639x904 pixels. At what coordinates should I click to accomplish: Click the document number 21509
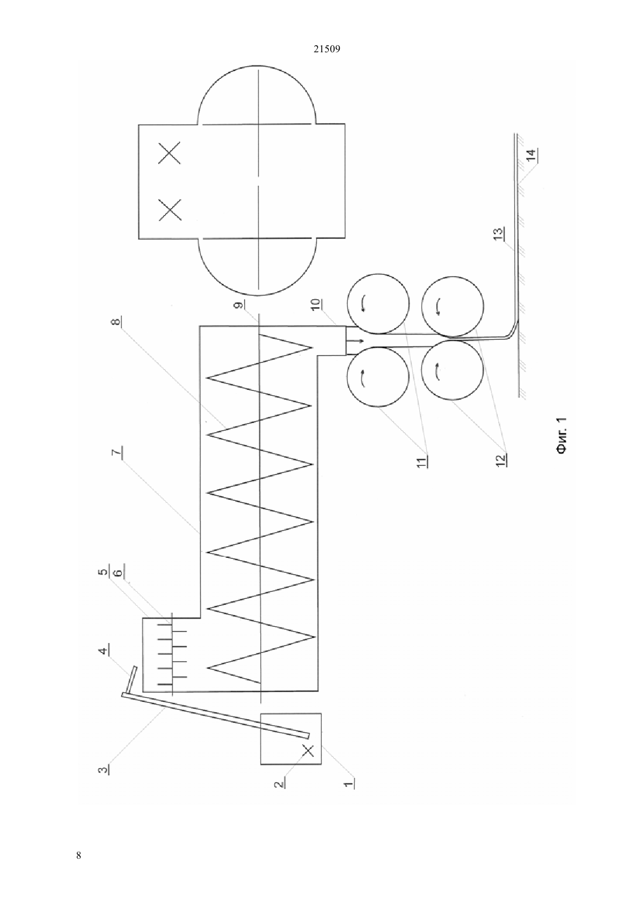[326, 49]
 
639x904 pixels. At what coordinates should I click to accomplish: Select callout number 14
[532, 155]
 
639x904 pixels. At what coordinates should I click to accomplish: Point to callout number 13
[499, 234]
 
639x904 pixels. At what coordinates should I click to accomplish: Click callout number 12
[501, 460]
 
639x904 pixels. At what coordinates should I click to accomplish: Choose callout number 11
[422, 461]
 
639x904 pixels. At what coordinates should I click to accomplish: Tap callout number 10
[316, 304]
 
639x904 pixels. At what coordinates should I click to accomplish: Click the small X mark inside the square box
[308, 751]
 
